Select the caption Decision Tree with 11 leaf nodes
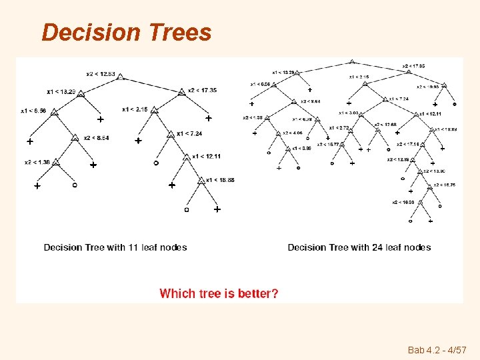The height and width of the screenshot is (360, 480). tap(115, 247)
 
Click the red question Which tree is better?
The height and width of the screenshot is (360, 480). tap(219, 293)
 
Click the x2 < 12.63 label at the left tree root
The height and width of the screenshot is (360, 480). tap(101, 73)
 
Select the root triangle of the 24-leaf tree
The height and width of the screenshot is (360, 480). tap(351, 62)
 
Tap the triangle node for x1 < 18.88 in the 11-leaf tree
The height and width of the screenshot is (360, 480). tap(201, 181)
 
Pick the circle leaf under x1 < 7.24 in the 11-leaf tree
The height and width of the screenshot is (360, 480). tap(156, 162)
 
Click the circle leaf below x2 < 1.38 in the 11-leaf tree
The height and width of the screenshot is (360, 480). tap(74, 184)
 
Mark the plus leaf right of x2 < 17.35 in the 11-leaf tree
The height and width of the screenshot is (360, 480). tap(208, 119)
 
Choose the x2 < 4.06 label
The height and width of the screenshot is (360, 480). tap(293, 133)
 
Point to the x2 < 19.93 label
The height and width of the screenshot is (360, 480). tap(428, 86)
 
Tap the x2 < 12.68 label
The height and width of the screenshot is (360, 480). tap(385, 125)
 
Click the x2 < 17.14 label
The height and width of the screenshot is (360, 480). tap(407, 144)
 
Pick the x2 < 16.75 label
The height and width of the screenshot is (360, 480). tap(445, 185)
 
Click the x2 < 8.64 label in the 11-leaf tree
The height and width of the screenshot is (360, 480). tap(96, 138)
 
